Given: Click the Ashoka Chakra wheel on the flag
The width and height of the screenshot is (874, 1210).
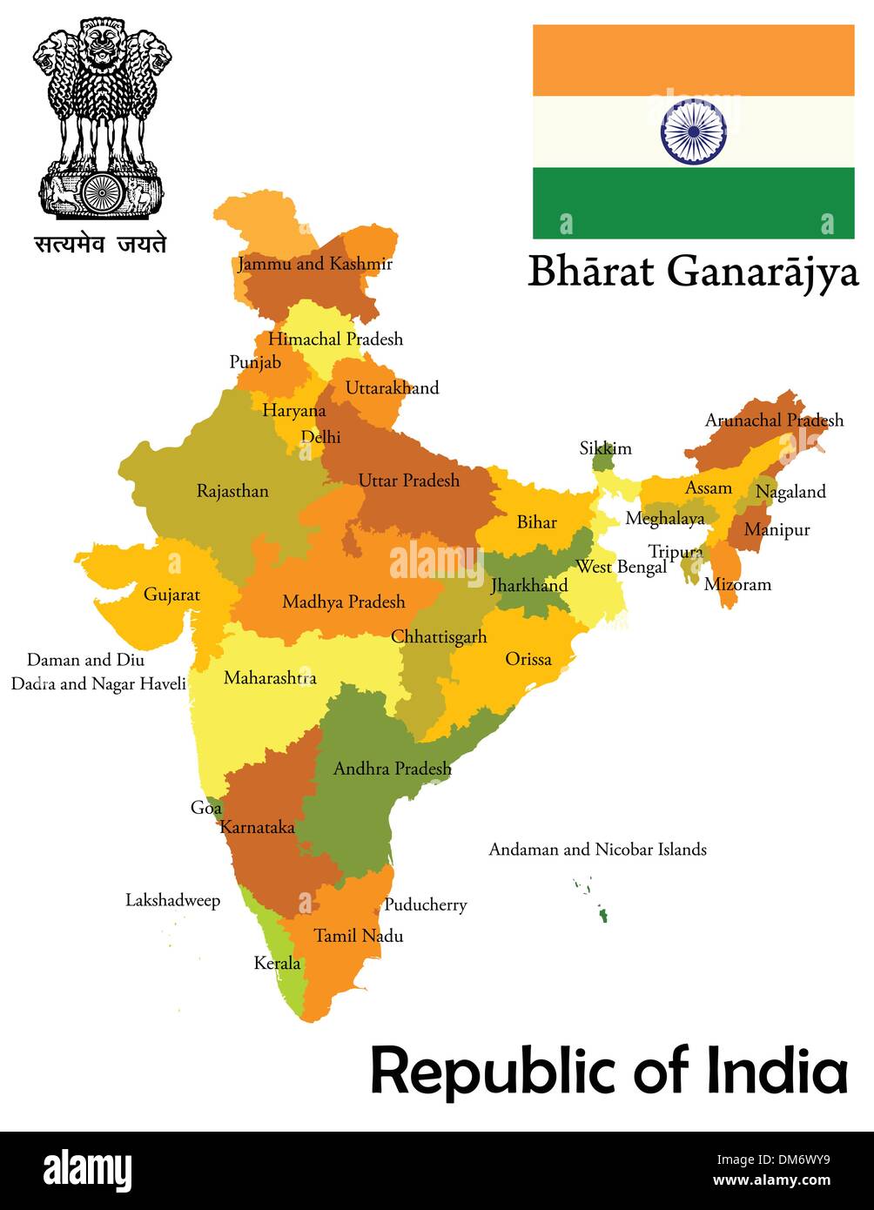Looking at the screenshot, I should tap(693, 131).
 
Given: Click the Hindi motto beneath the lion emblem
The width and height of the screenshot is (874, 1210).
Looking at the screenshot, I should tap(100, 245).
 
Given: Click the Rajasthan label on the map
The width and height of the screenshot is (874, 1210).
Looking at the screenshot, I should tap(232, 491).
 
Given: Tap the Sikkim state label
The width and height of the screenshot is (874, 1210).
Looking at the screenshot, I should tap(606, 448).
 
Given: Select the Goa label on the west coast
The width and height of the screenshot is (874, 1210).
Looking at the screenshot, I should tap(206, 808).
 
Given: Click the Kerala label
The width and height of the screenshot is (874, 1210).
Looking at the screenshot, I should tap(277, 963).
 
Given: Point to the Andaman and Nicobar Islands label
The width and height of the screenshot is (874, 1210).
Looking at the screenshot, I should tap(597, 849).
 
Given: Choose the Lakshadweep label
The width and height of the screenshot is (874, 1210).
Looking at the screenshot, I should tap(172, 900).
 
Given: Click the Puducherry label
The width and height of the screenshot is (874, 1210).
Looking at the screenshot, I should tap(425, 904).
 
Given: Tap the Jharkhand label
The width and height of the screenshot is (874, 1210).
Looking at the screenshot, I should tap(529, 585).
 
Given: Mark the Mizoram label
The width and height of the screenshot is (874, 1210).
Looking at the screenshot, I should tap(737, 584).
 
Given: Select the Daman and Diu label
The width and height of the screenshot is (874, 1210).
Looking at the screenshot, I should tap(85, 660).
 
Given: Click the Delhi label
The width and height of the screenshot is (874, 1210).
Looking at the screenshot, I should tap(320, 437).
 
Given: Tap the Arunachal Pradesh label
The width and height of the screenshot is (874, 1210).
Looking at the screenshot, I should tap(774, 420).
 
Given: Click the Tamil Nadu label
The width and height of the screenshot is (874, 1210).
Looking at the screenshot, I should tap(358, 936).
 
